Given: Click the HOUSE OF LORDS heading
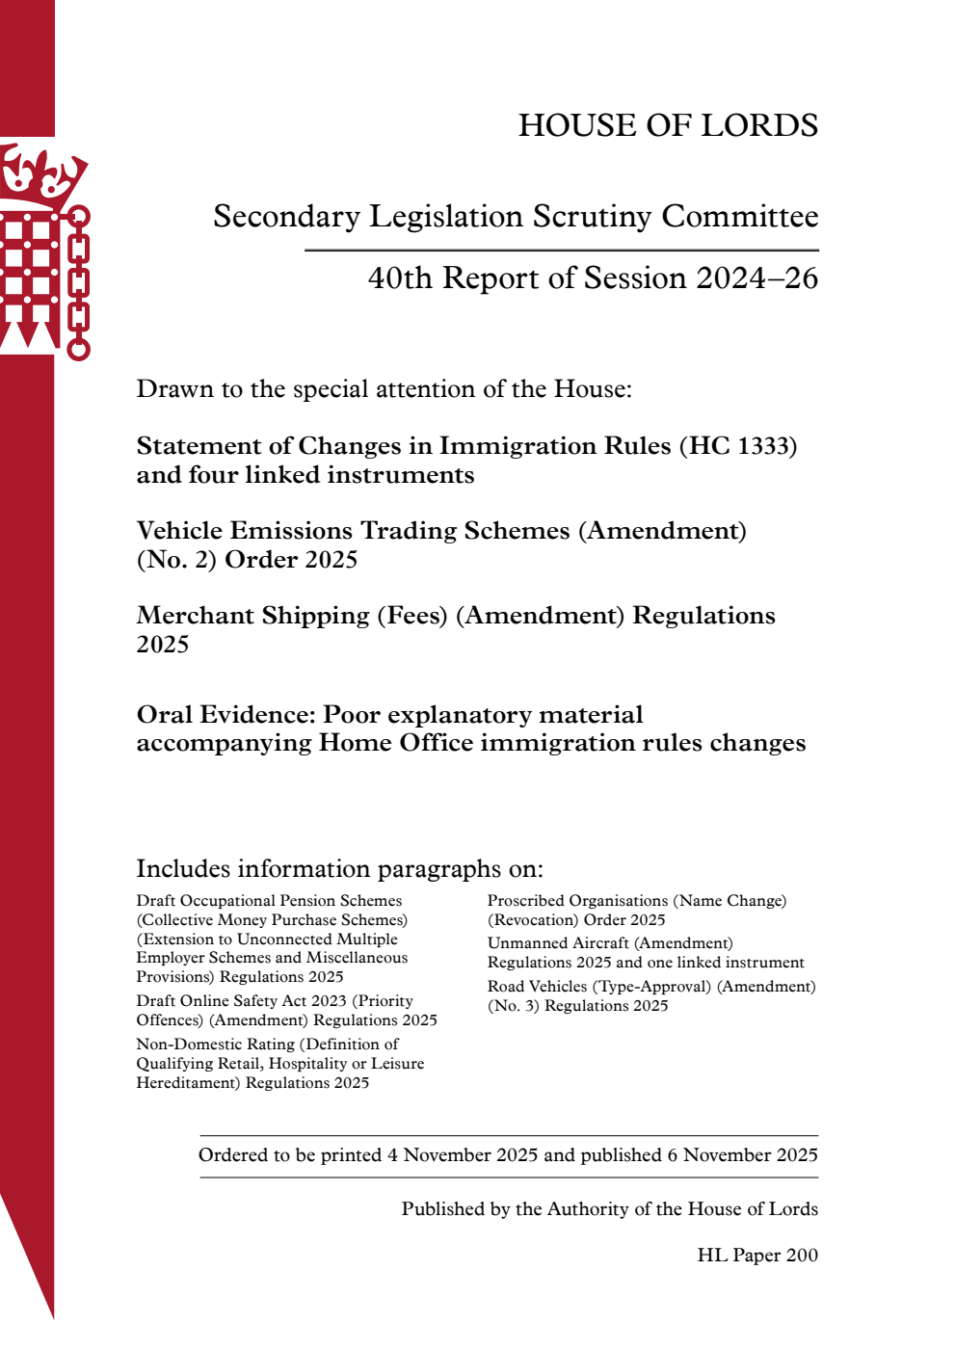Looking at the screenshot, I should pos(668,125).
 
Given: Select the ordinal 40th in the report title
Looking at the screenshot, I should pos(400,278).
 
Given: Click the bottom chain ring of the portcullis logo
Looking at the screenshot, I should pos(78,348).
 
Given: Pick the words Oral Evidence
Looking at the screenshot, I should pos(225,715).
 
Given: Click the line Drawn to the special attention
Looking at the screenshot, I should pos(384,389).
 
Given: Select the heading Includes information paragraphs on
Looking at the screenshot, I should pos(339,869).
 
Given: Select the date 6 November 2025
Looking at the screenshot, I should pos(742,1155).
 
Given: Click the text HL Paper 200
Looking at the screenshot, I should pos(757,1256).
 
